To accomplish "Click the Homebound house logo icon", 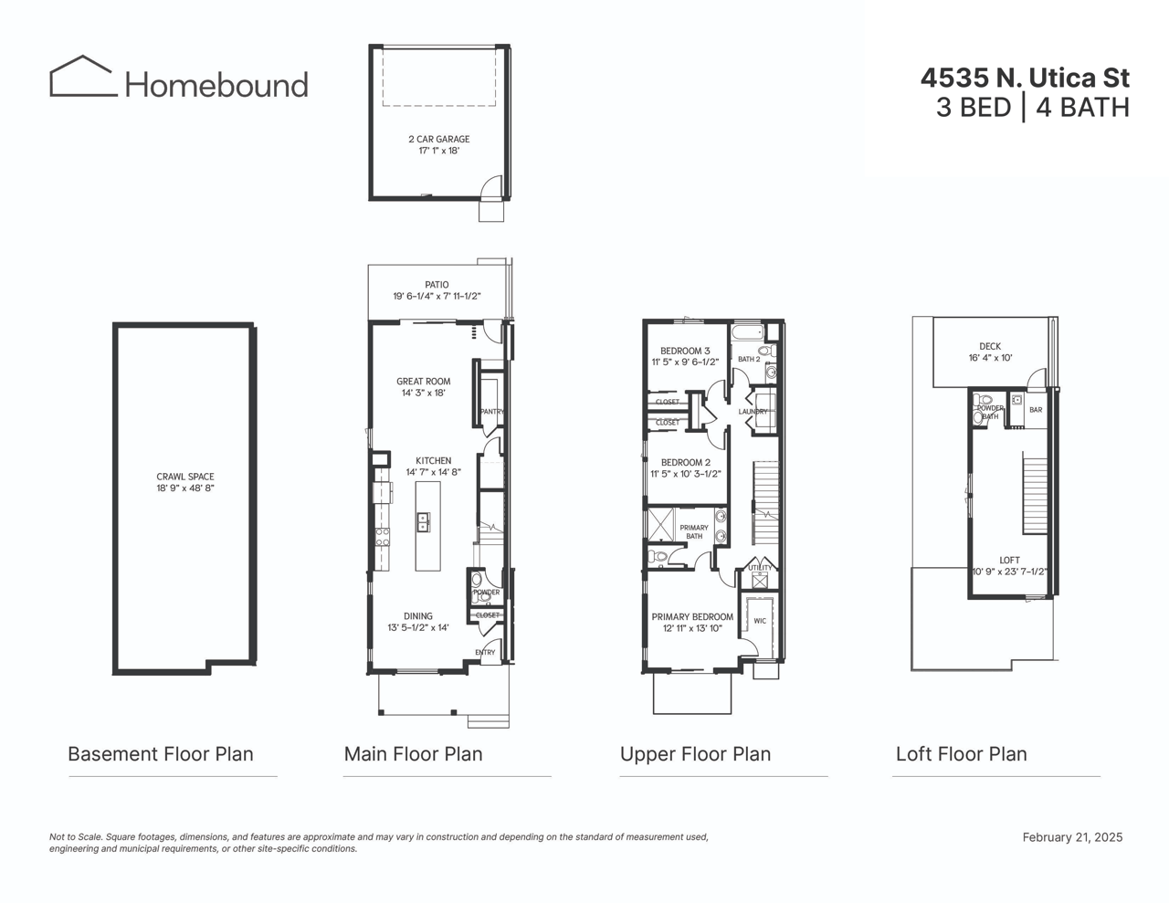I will [83, 77].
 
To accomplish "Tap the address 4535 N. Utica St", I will [1025, 79].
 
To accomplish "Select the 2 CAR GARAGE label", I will [438, 140].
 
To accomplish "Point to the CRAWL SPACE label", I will [184, 477].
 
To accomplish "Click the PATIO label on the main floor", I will [437, 285].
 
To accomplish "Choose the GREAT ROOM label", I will [423, 382].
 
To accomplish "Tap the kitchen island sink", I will [423, 522].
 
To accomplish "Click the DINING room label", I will [418, 616].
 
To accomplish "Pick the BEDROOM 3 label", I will [685, 351].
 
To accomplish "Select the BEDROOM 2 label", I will [685, 463].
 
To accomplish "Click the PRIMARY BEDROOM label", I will [692, 617].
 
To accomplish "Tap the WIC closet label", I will [760, 621].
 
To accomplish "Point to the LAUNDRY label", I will [753, 412].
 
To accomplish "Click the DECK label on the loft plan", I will [990, 347].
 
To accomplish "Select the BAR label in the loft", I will [1036, 410].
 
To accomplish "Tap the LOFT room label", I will [1009, 561].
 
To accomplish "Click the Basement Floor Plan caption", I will [161, 754].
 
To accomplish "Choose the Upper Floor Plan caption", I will [695, 754].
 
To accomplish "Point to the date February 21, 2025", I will [1072, 837].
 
